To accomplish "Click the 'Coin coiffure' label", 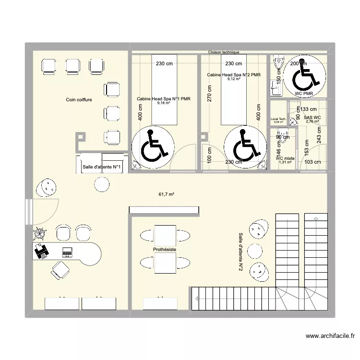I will (x=79, y=100).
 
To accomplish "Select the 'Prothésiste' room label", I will (x=165, y=250).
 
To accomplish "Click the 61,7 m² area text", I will (x=166, y=194).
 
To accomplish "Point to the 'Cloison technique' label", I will (x=224, y=52).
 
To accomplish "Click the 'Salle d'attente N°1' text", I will (x=102, y=167).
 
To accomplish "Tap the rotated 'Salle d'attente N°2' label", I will (x=240, y=252).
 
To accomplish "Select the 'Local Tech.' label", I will (x=278, y=119).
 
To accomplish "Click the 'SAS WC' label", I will (x=312, y=117).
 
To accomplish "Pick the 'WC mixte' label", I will (x=285, y=158).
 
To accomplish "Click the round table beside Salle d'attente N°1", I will (x=102, y=183).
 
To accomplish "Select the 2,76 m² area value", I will (x=312, y=121).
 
